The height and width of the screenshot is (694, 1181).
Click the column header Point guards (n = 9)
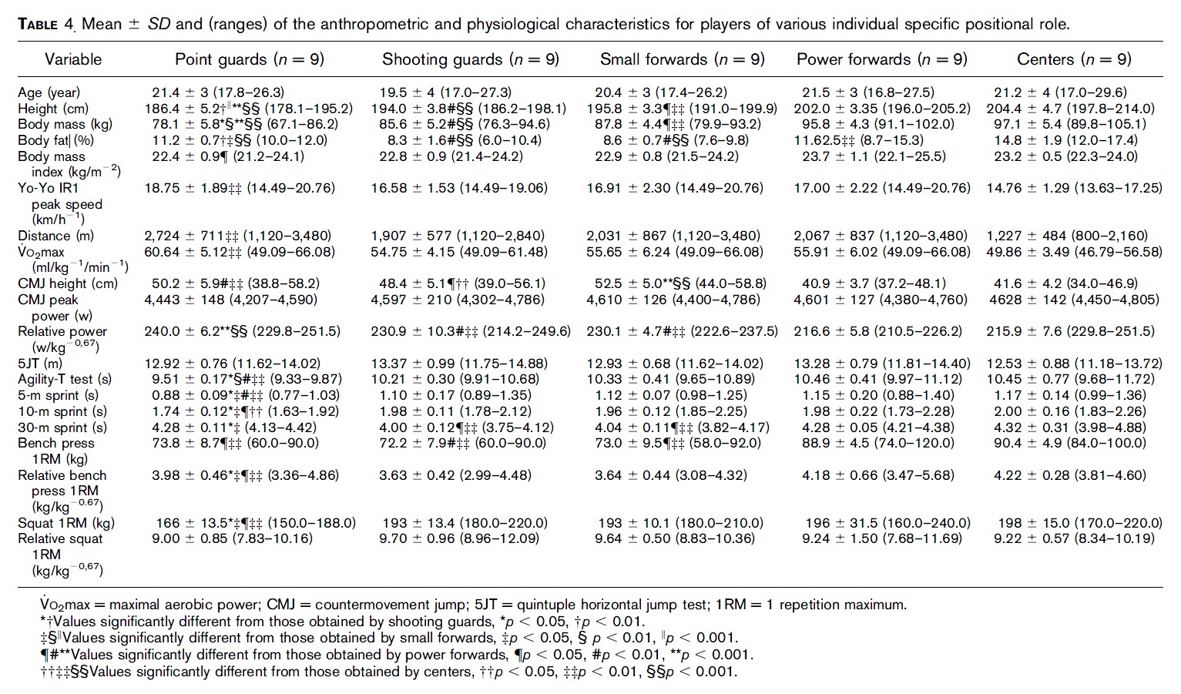pos(250,59)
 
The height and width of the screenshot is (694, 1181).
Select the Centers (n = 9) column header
pos(1074,59)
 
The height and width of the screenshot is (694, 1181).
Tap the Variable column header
pos(73,59)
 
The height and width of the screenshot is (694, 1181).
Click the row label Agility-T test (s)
pos(65,379)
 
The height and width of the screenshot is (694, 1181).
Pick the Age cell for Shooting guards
pos(445,92)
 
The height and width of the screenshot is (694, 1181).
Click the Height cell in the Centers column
pos(1070,109)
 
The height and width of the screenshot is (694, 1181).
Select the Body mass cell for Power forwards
pos(881,124)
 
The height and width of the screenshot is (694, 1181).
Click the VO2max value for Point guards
pos(240,252)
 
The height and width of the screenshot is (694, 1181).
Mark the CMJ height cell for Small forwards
pos(680,283)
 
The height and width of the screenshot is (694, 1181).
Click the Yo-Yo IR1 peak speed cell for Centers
pos(1074,188)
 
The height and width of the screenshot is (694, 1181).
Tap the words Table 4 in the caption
pos(45,24)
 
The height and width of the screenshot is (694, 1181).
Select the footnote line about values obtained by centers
pos(377,671)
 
